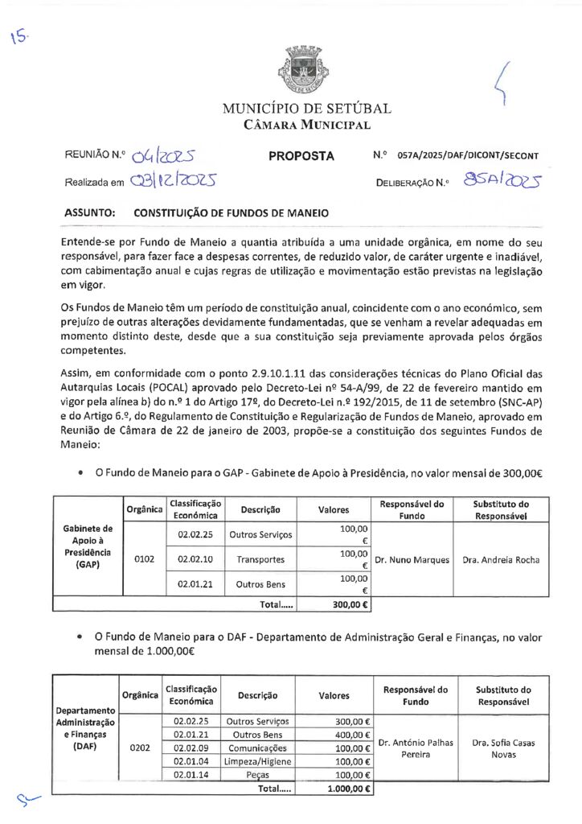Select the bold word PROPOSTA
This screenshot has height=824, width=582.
tap(301, 155)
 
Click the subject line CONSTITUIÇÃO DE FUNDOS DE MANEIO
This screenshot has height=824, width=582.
tap(231, 214)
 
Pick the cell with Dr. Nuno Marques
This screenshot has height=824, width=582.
tap(412, 559)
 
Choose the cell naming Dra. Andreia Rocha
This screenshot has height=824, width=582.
tap(501, 559)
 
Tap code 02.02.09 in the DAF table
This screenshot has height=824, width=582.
tap(192, 748)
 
